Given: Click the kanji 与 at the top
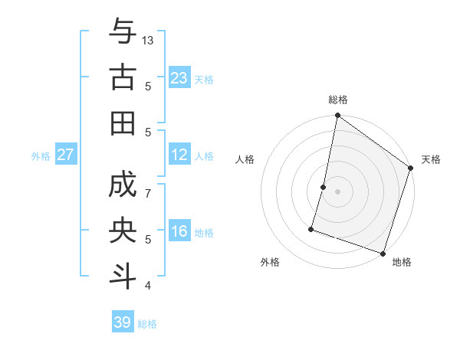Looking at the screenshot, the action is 123,31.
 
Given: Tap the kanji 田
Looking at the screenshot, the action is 123,123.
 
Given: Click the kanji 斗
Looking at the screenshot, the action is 123,277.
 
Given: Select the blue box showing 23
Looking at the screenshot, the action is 179,78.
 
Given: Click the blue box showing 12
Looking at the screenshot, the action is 179,155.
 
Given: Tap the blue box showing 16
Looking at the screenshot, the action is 179,232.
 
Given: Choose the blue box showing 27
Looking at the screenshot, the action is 65,155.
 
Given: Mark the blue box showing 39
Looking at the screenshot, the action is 123,322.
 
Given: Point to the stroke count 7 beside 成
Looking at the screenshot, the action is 149,194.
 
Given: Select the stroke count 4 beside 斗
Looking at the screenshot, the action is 149,286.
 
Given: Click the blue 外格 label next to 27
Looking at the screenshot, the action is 41,156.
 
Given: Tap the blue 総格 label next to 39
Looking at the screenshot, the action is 147,324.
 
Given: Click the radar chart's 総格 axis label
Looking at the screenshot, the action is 338,100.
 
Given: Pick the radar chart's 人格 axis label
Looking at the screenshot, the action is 245,159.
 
